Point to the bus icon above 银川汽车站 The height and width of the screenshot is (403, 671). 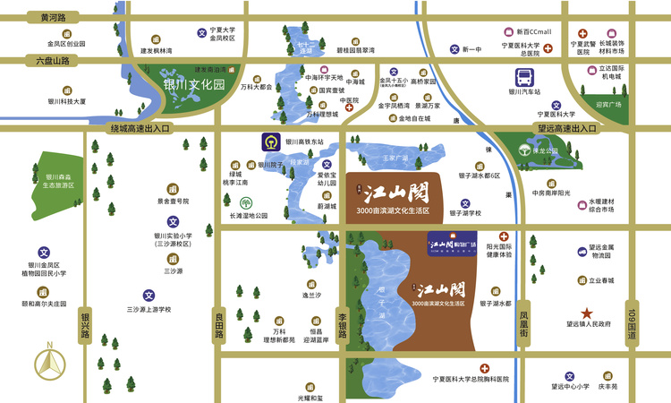tap(524, 77)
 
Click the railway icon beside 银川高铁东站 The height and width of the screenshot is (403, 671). tap(268, 141)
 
